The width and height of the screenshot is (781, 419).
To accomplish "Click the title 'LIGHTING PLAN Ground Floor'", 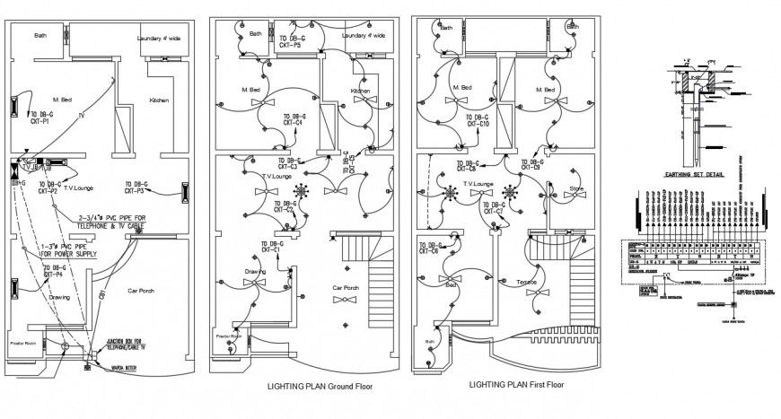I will (320, 386).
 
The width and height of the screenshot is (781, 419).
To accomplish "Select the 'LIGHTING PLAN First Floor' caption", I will (516, 384).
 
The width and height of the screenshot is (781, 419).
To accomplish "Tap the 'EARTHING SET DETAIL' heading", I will (694, 177).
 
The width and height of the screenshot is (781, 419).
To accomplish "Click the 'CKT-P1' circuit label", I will (40, 123).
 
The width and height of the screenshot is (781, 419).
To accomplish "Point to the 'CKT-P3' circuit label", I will (135, 191).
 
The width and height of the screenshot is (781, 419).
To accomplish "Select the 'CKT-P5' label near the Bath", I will (290, 45).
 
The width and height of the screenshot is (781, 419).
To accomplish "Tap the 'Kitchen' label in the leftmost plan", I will (159, 100).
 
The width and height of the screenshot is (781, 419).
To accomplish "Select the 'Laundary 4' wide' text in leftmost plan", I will (159, 39).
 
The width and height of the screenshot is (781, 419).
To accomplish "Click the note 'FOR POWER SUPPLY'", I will (65, 254).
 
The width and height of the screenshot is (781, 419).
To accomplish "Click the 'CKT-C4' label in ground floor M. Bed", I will (294, 123).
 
